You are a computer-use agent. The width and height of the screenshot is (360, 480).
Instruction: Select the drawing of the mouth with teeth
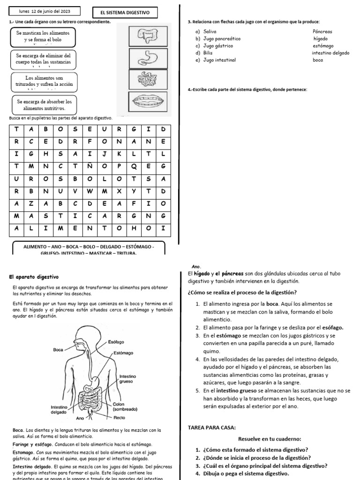[148, 102]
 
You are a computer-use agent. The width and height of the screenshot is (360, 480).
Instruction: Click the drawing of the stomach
[148, 57]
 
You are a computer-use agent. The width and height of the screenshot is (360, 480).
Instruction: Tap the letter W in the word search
[90, 191]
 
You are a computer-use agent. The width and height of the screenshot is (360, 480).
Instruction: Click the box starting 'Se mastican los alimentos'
[43, 37]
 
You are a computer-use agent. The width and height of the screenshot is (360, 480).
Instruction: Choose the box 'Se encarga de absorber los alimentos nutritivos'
[44, 105]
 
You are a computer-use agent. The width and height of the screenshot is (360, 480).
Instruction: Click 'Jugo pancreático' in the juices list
[218, 38]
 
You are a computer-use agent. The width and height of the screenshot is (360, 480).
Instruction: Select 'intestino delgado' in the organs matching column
[330, 53]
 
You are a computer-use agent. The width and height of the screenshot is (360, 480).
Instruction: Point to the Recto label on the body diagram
[120, 417]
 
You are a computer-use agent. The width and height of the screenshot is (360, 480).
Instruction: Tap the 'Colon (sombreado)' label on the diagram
[125, 406]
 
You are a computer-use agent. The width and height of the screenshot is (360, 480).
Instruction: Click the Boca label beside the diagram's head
[58, 349]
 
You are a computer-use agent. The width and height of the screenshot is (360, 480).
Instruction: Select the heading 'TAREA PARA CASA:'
[209, 427]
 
